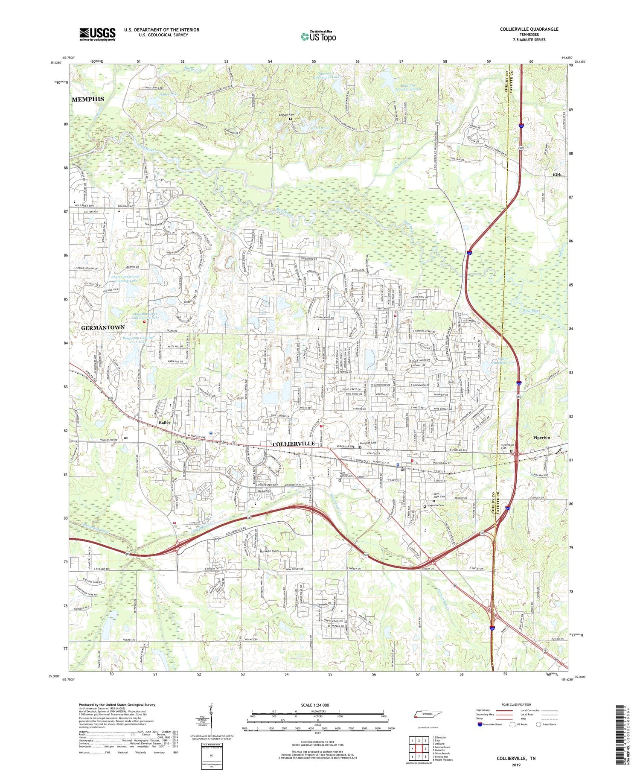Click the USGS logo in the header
[x=97, y=34]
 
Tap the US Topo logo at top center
[x=318, y=36]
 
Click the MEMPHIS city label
[x=87, y=99]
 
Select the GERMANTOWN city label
[x=103, y=327]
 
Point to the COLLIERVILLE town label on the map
[x=294, y=444]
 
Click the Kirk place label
[x=557, y=175]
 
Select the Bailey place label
[x=165, y=422]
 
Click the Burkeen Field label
[x=269, y=551]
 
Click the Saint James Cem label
[x=346, y=476]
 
